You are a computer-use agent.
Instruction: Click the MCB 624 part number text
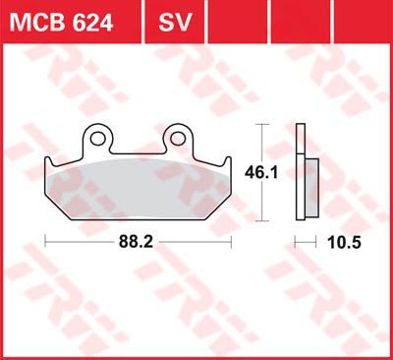tap(61, 23)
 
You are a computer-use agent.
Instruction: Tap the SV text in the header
tap(175, 23)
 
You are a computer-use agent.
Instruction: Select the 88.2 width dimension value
tap(136, 243)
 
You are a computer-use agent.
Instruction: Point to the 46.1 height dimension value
tap(261, 172)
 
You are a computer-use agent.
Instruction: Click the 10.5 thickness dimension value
tap(344, 243)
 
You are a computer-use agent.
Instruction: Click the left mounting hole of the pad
tap(96, 139)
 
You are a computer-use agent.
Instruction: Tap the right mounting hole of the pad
tap(177, 139)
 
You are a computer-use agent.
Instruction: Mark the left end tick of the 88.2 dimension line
tap(45, 242)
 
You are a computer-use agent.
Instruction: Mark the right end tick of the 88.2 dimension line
tap(231, 242)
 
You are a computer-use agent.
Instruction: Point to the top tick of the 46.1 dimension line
tap(261, 125)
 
